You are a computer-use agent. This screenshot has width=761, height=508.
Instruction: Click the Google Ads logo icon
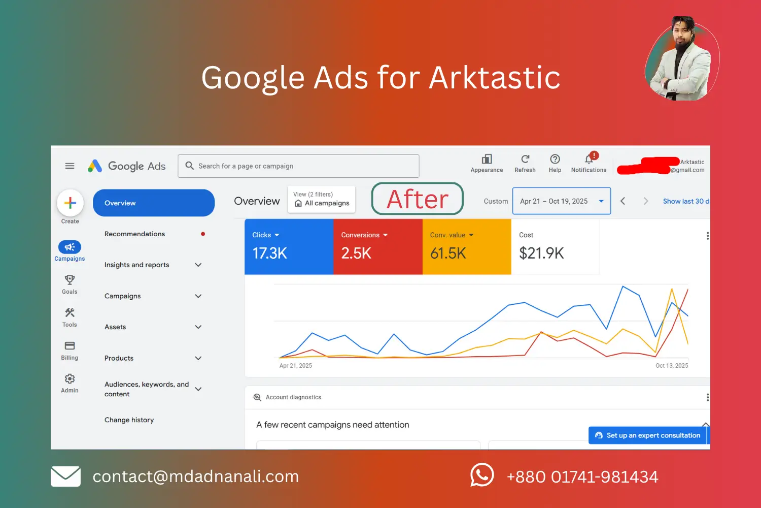coord(95,166)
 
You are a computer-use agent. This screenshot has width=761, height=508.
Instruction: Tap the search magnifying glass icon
coord(190,166)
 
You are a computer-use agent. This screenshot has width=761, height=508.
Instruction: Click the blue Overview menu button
coord(153,203)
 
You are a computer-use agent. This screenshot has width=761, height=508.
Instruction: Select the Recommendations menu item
coord(134,234)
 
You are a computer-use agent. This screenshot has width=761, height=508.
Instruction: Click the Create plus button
coord(70,203)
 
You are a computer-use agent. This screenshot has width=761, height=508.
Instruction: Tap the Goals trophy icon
coord(70,280)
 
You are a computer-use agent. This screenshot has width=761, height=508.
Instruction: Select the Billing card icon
coord(70,346)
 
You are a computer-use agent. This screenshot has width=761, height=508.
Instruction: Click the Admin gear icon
coord(70,379)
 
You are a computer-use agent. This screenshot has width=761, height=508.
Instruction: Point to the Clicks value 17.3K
coord(269,253)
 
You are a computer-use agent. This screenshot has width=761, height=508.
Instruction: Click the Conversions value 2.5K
coord(356,253)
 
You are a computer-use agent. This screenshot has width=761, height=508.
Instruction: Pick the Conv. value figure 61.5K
coord(448,253)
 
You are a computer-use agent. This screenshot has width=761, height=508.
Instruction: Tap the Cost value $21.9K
coord(541,253)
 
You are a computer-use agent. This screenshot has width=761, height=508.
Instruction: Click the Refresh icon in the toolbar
coord(525,159)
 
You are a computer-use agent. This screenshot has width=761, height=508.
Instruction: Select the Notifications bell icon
coord(589,160)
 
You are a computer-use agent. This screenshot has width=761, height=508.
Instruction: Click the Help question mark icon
coord(555,159)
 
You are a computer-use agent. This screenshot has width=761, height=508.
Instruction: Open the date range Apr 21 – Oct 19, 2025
coord(561,201)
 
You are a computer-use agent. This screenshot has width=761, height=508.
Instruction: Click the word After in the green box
coord(418,199)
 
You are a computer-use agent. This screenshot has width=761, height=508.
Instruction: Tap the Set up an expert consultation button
coord(648,435)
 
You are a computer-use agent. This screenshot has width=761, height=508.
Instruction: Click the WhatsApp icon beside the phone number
coord(482,475)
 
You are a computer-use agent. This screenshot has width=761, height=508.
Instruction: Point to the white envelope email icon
coord(65,477)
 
